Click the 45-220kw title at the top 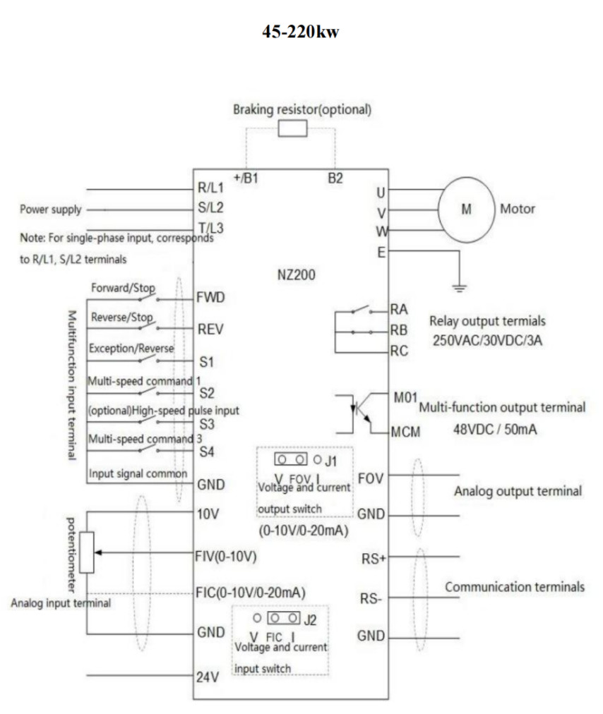click(301, 32)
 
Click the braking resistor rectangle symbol click(292, 128)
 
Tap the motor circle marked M click(465, 210)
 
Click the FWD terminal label click(211, 297)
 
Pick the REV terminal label click(210, 329)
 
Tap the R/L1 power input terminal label click(211, 190)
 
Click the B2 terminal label click(335, 178)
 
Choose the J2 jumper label click(310, 622)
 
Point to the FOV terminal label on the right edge click(371, 478)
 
